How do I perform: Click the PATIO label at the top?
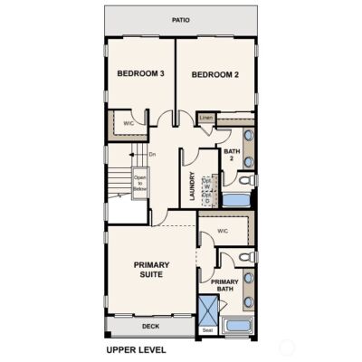click(181, 18)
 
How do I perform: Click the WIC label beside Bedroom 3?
click(129, 123)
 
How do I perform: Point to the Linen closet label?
click(205, 117)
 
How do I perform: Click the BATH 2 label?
click(232, 156)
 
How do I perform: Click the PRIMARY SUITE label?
click(151, 271)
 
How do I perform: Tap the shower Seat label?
click(207, 329)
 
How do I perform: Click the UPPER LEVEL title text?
click(137, 348)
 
